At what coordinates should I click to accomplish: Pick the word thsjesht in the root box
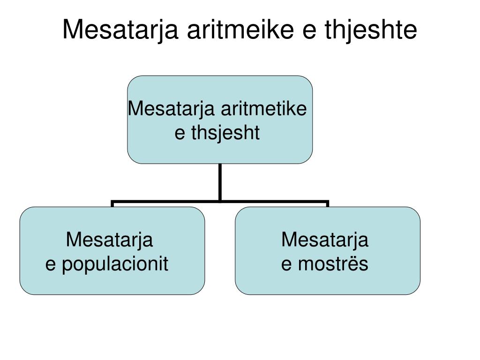(225, 133)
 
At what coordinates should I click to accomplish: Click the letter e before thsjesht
(180, 134)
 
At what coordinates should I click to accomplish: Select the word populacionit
(115, 264)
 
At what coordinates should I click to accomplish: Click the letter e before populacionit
(50, 264)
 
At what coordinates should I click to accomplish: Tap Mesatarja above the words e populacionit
(109, 240)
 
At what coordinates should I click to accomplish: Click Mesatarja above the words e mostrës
(325, 240)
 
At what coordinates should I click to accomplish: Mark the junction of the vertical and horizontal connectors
(220, 202)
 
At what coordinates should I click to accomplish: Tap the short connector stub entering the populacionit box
(112, 204)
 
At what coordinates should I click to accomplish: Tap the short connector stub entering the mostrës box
(328, 204)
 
